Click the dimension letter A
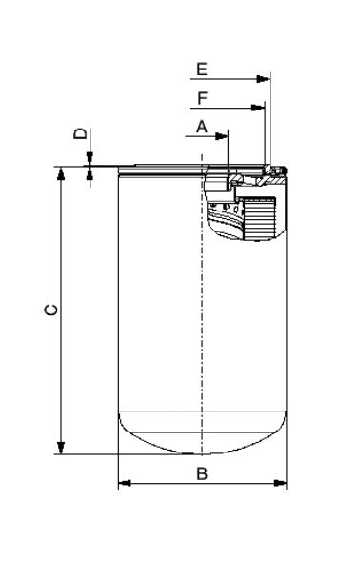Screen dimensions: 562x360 [x=202, y=126]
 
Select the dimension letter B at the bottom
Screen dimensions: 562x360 [x=202, y=473]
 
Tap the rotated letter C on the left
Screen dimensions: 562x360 [x=53, y=310]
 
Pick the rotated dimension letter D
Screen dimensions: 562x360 [x=81, y=135]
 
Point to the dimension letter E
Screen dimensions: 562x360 [x=202, y=69]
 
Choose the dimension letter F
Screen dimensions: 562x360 [x=202, y=98]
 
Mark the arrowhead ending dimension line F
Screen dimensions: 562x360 [x=257, y=109]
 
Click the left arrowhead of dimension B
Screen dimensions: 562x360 [x=123, y=485]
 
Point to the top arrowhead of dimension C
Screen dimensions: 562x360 [x=61, y=173]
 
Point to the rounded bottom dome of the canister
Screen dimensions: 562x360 [x=202, y=433]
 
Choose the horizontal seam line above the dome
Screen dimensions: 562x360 [x=202, y=411]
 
